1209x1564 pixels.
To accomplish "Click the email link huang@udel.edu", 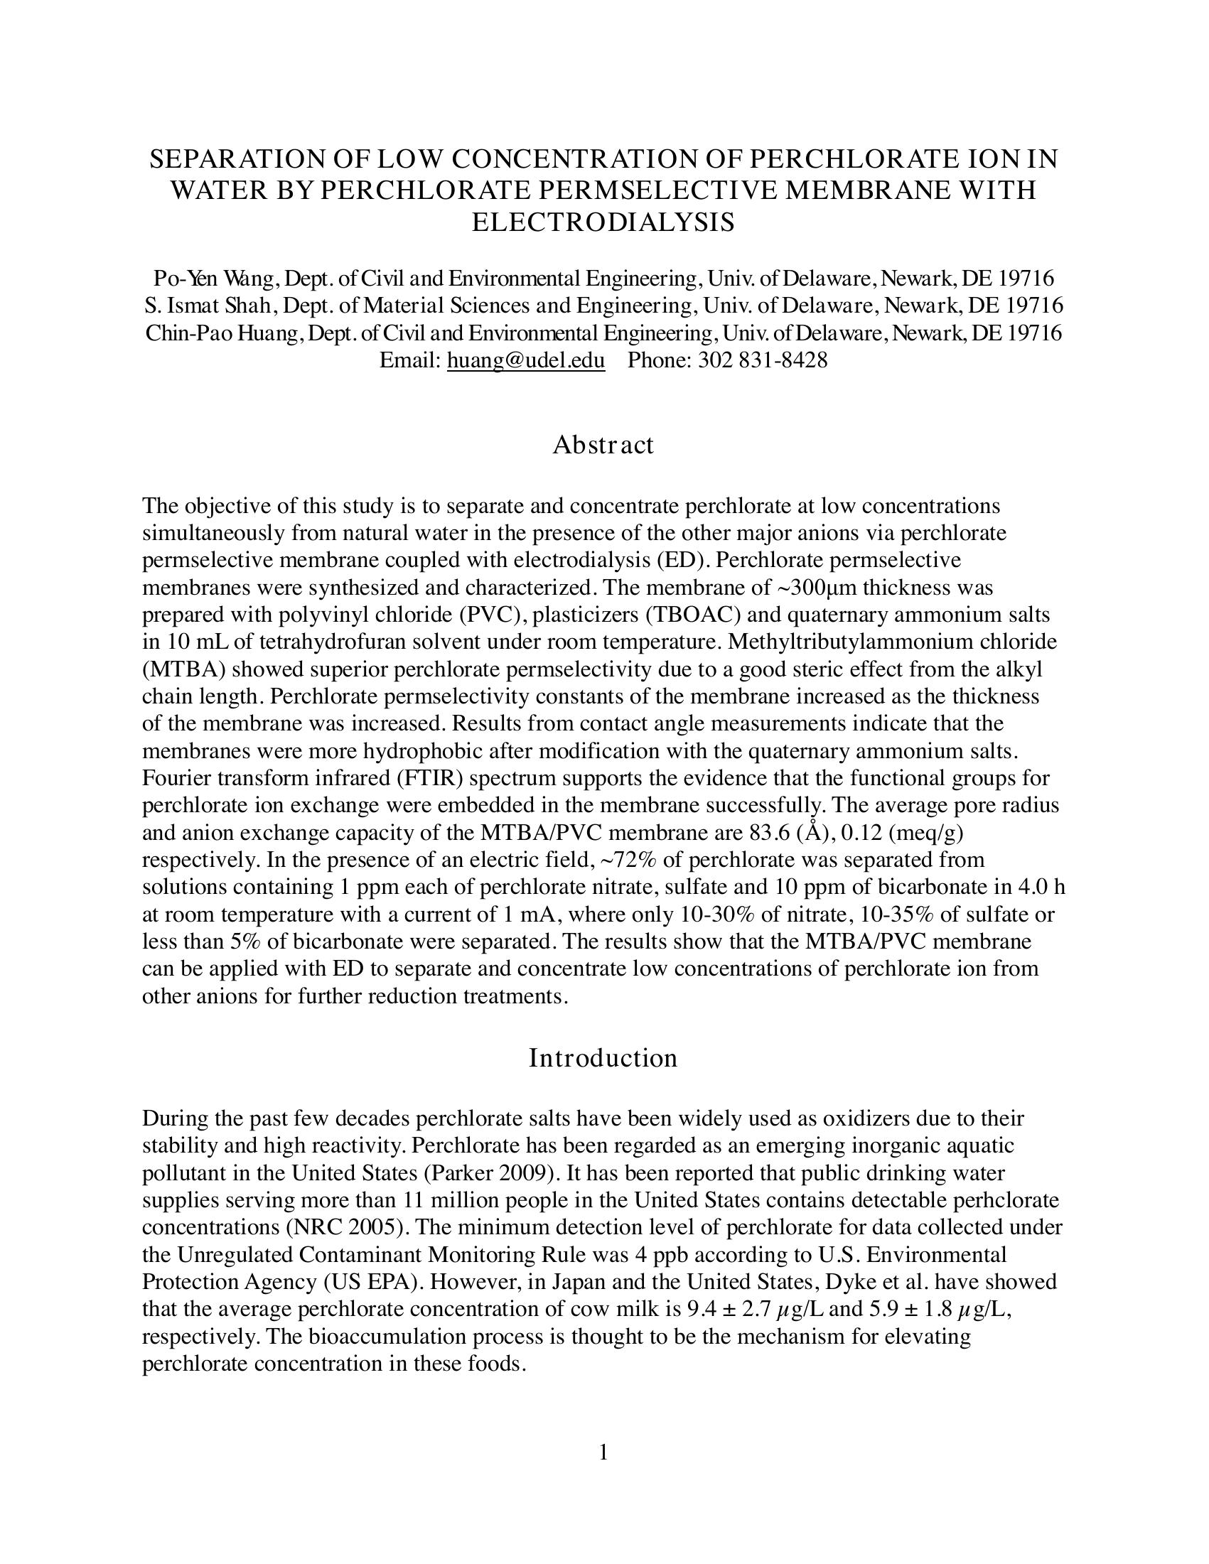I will [525, 360].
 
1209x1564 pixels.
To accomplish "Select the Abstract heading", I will [603, 445].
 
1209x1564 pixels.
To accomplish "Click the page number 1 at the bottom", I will [603, 1452].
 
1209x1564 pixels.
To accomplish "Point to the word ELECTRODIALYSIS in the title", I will [603, 222].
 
